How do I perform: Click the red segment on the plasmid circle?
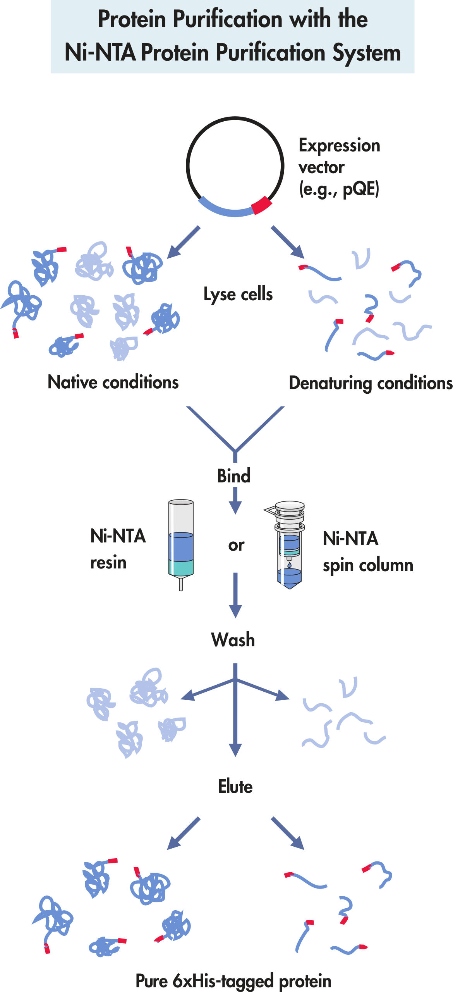tap(261, 205)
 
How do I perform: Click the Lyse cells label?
tap(238, 294)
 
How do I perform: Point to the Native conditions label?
tap(113, 382)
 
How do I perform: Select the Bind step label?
tap(233, 476)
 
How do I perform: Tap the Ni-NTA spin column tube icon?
tap(290, 546)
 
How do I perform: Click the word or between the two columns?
tap(236, 545)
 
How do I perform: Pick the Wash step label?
tap(233, 640)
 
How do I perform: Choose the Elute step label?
tap(235, 787)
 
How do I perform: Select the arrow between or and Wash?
tap(235, 595)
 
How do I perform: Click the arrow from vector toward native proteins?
tap(184, 242)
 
